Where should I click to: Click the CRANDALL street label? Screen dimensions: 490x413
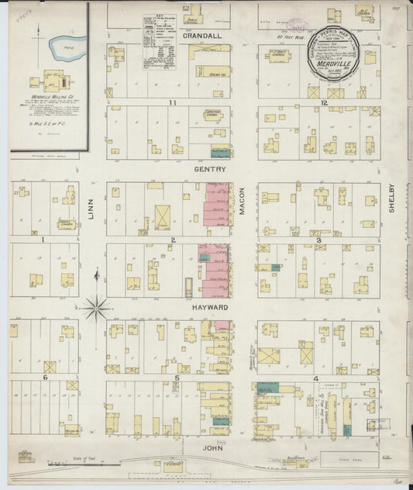tap(202, 36)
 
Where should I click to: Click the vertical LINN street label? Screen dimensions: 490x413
tap(91, 209)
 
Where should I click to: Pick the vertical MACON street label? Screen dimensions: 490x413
tap(242, 202)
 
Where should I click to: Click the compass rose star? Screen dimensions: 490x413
tap(96, 308)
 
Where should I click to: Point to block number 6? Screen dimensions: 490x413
tap(46, 378)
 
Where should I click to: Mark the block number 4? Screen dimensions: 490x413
tap(315, 378)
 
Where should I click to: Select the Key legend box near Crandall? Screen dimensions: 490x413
tap(159, 43)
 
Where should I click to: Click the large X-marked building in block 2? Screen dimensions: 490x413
tap(163, 217)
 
